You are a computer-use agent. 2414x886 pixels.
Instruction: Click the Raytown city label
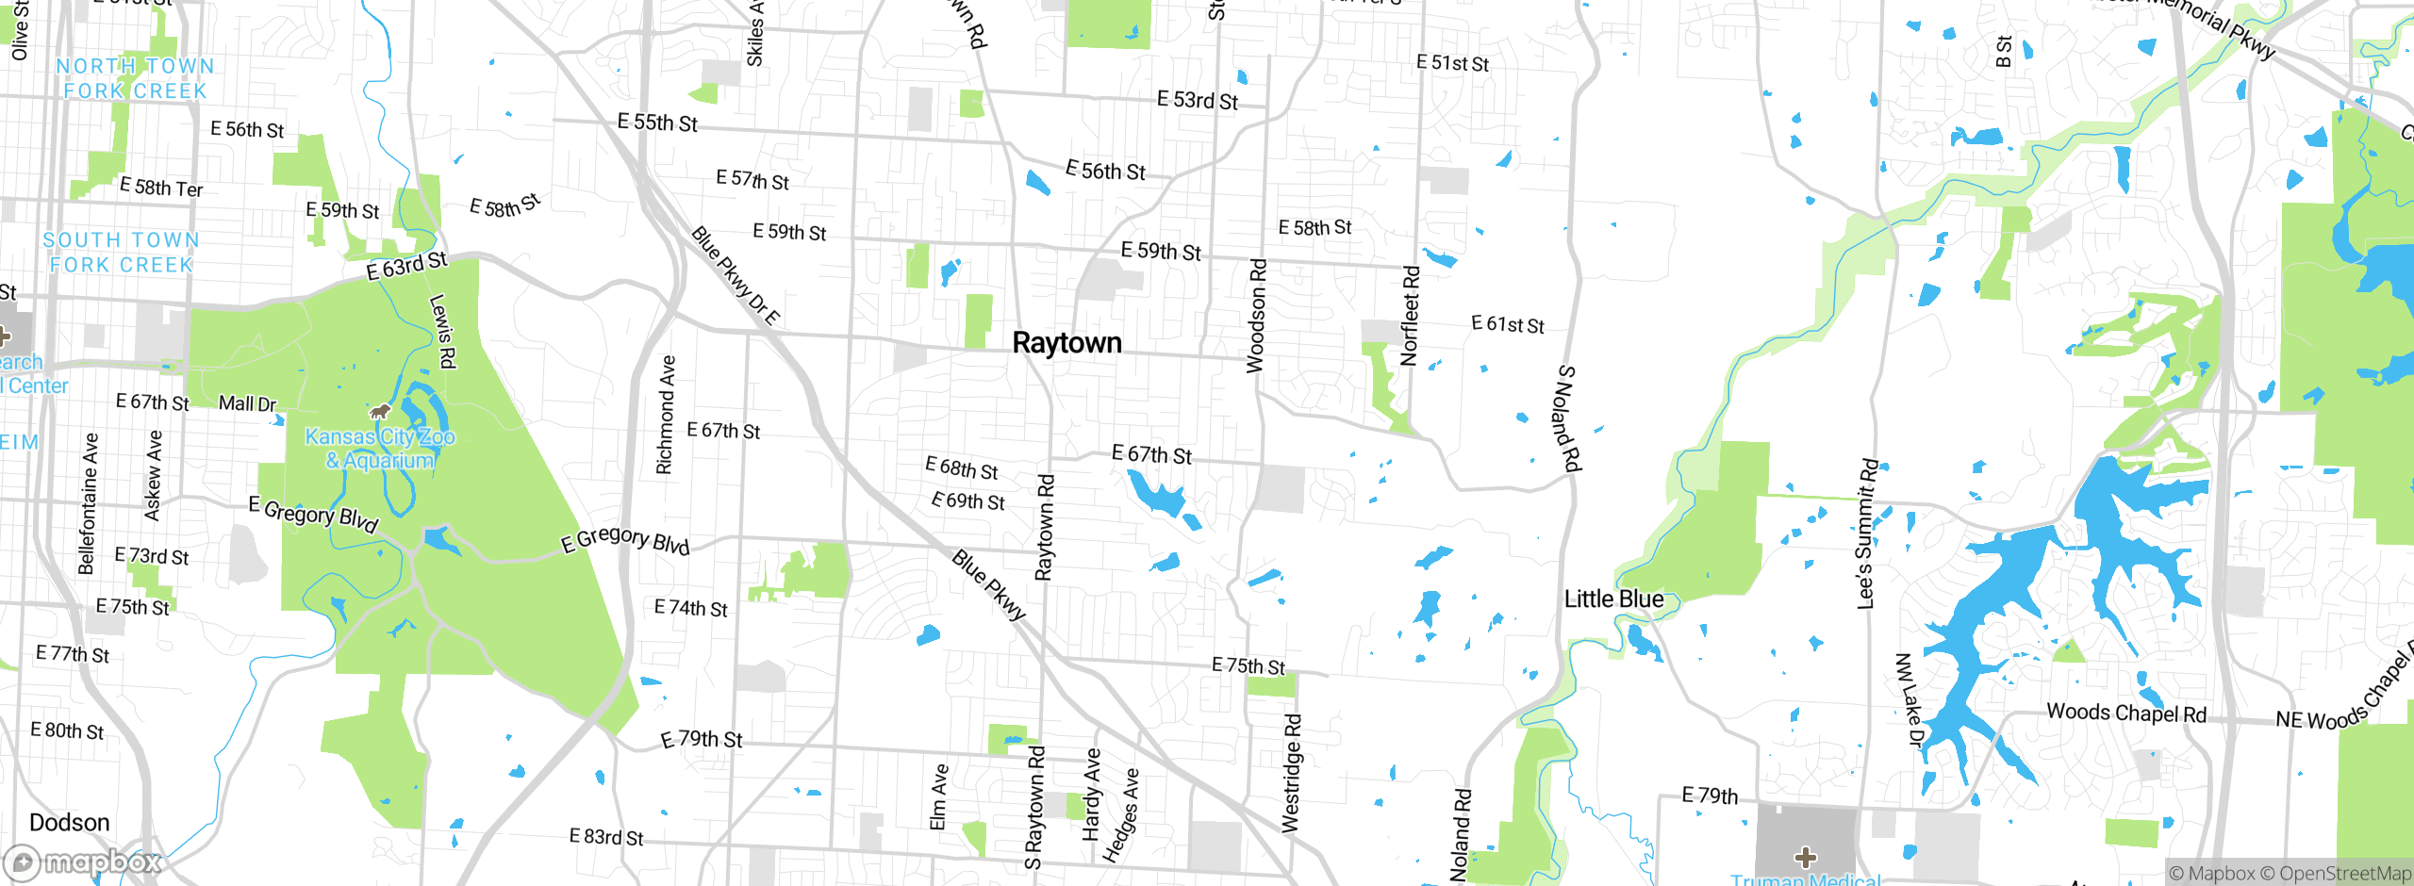[x=1066, y=343]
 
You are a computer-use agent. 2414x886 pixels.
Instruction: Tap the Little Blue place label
[x=1613, y=599]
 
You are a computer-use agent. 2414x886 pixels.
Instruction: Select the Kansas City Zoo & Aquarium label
[x=380, y=449]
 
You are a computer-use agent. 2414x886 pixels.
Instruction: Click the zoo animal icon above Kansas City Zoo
[x=380, y=412]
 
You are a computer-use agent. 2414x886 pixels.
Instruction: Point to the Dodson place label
[x=69, y=823]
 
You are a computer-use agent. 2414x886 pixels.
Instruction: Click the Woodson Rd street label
[x=1256, y=317]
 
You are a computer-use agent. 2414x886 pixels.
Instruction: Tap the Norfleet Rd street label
[x=1410, y=316]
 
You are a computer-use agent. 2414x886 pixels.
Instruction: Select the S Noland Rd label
[x=1568, y=418]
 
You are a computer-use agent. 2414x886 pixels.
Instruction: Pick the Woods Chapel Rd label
[x=2126, y=714]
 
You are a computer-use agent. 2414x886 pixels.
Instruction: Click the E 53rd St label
[x=1198, y=101]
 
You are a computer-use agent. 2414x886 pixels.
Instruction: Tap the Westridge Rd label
[x=1292, y=773]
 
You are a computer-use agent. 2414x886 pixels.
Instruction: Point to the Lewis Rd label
[x=442, y=331]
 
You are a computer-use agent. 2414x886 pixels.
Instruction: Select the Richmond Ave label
[x=666, y=415]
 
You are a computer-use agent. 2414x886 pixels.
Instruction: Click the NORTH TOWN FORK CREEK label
[x=135, y=78]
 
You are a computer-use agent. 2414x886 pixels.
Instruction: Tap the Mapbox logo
[x=83, y=861]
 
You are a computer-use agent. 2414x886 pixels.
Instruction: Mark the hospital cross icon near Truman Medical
[x=1806, y=858]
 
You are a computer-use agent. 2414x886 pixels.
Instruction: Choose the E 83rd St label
[x=606, y=837]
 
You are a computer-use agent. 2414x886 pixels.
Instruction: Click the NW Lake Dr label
[x=1908, y=699]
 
